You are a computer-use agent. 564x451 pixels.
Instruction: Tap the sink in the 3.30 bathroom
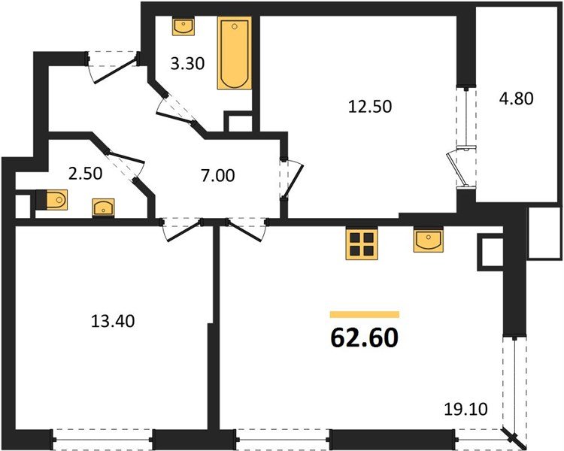183,27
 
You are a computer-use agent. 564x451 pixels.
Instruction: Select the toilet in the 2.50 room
53,200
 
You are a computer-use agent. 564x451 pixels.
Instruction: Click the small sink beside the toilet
103,207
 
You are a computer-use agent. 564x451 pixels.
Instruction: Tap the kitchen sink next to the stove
427,241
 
